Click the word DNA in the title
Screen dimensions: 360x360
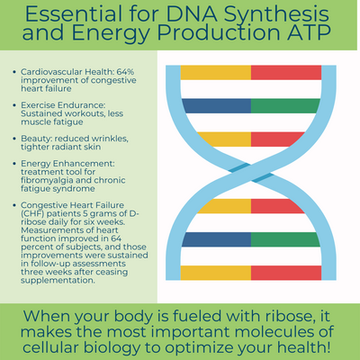click(191, 14)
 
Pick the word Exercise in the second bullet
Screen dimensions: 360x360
click(38, 105)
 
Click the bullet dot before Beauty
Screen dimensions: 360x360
click(14, 139)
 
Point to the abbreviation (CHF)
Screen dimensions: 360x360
click(32, 213)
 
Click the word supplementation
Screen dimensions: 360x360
click(58, 281)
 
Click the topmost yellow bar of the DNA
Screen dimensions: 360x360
click(216, 73)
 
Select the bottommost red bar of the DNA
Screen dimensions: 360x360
click(286, 273)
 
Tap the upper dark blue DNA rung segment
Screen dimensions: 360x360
click(217, 106)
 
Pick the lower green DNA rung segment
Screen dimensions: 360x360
click(285, 239)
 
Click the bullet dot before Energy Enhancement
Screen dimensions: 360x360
click(14, 164)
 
